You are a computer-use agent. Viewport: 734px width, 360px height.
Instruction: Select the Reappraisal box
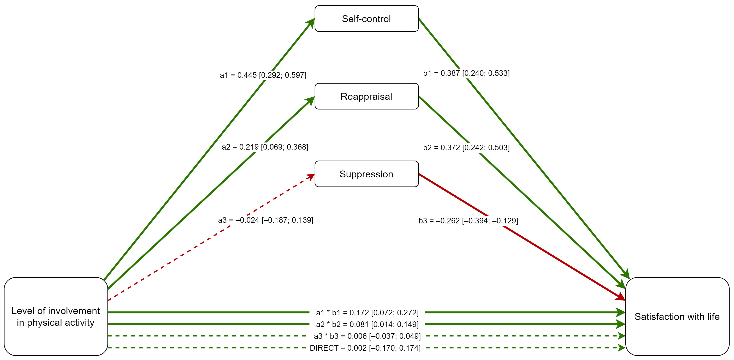click(366, 96)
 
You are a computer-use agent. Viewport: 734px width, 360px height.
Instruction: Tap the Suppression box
click(366, 174)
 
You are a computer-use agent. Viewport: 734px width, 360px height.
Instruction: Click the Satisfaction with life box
click(677, 316)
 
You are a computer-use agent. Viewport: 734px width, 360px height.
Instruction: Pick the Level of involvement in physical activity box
click(56, 316)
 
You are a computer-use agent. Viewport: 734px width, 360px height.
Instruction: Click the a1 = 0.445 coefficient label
click(263, 75)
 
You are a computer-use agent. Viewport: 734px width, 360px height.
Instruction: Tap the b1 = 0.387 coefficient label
click(466, 73)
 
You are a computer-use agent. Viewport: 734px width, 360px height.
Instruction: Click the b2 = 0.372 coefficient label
click(466, 148)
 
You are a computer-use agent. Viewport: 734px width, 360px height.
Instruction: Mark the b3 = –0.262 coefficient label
click(468, 221)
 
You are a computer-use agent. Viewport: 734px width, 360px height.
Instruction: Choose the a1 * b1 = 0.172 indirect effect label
click(367, 313)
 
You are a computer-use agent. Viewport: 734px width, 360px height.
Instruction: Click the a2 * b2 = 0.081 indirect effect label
click(367, 324)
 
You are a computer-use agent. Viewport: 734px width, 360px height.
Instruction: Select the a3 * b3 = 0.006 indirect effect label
click(367, 336)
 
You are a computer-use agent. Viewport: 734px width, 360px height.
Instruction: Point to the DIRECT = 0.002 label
click(365, 348)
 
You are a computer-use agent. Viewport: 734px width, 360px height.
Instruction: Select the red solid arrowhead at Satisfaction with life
click(620, 297)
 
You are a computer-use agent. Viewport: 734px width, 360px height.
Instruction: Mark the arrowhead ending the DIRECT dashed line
click(621, 348)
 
